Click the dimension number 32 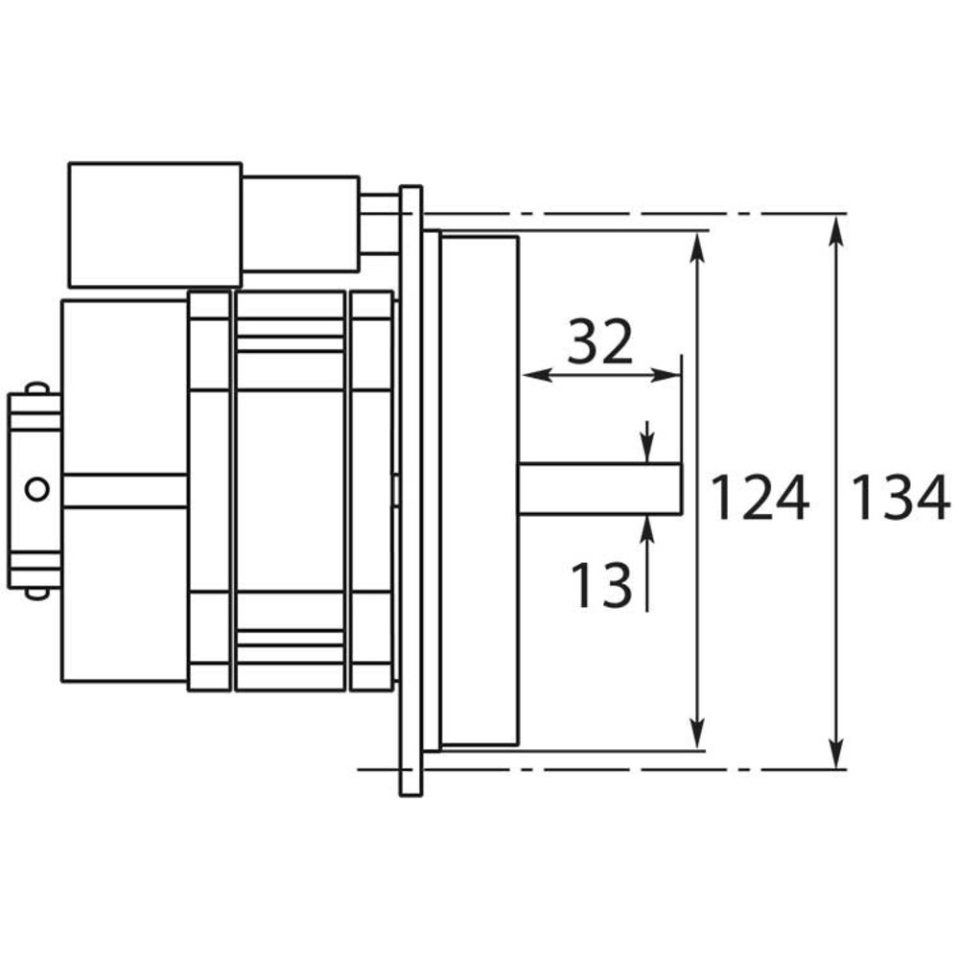599,342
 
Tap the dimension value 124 760,500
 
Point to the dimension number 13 601,585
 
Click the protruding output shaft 599,487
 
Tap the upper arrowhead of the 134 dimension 838,225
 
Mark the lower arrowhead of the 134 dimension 838,756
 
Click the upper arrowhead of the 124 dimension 699,242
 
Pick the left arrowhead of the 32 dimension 530,375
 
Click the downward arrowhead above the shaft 648,451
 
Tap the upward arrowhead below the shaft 648,525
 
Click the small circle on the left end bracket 36,488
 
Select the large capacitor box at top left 154,224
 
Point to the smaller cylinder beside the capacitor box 299,223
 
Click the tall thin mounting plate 410,489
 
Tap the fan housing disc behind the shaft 479,489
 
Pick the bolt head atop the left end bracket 36,387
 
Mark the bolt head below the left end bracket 36,593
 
